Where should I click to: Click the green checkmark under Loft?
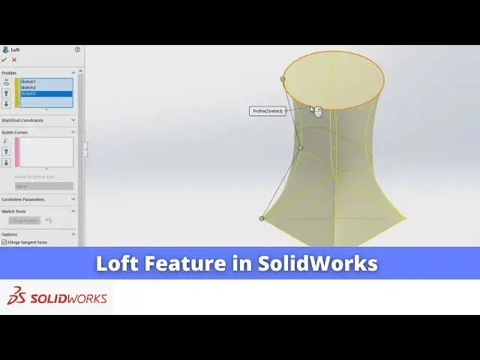4,60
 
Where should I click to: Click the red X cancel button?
14,60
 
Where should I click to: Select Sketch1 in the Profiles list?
28,81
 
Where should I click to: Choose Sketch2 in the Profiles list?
28,87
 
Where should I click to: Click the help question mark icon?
76,49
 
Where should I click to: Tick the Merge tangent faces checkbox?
4,242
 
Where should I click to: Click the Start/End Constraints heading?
22,120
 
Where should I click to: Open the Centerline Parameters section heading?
23,199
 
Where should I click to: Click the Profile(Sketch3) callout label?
268,111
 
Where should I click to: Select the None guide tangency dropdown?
44,186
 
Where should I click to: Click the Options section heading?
10,234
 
